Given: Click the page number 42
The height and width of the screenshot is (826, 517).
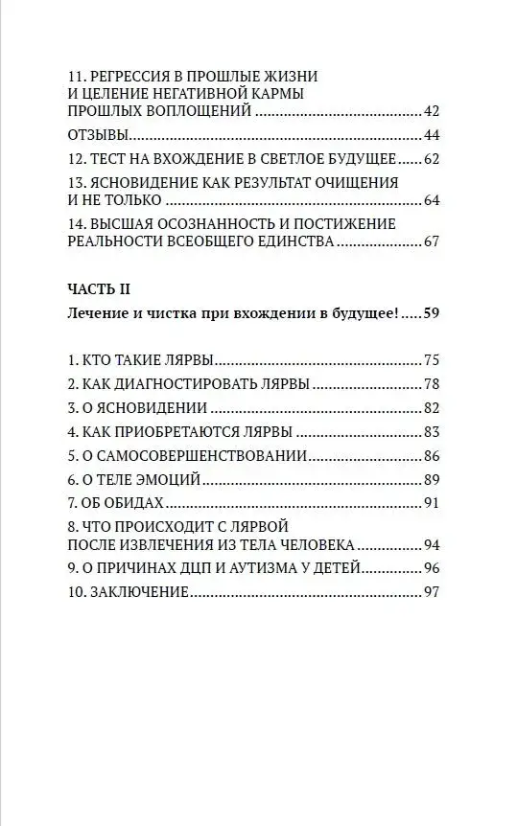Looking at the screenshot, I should tap(430, 111).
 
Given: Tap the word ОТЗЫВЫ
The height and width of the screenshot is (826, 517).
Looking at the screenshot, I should tap(99, 134).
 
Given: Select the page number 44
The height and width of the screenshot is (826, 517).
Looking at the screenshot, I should tap(430, 134).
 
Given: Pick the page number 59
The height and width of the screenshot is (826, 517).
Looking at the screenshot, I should tap(430, 313).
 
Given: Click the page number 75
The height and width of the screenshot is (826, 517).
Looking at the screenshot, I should tap(430, 361).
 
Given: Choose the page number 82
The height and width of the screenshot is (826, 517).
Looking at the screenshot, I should tap(430, 407).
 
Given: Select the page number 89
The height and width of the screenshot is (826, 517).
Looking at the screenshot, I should tap(430, 477).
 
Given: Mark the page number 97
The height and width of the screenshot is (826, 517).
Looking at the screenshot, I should tap(430, 591).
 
